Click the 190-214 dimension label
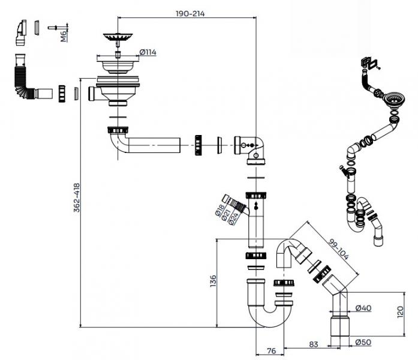point(189,13)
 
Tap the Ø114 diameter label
point(148,53)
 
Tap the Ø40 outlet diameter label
point(363,308)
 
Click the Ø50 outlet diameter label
point(363,342)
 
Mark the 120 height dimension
point(408,311)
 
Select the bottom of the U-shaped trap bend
point(267,319)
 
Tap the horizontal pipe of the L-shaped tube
point(153,145)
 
